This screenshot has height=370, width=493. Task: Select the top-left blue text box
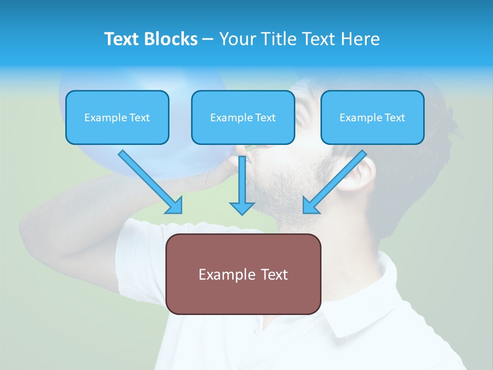click(x=117, y=117)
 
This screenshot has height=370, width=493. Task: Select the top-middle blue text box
click(x=243, y=117)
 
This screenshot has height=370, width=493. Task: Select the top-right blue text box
click(x=372, y=117)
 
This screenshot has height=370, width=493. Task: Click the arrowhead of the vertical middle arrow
click(x=242, y=208)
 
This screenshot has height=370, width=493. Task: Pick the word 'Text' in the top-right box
click(x=395, y=118)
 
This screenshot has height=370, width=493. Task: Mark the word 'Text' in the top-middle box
click(x=266, y=118)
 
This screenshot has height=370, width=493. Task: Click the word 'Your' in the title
click(x=237, y=39)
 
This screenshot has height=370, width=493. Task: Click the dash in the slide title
click(x=208, y=40)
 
